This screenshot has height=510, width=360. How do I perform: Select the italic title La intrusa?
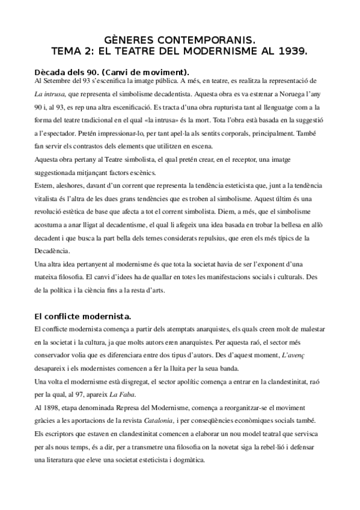(50, 94)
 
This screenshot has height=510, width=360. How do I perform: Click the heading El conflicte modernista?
(83, 316)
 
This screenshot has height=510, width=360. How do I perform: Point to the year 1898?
(52, 408)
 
